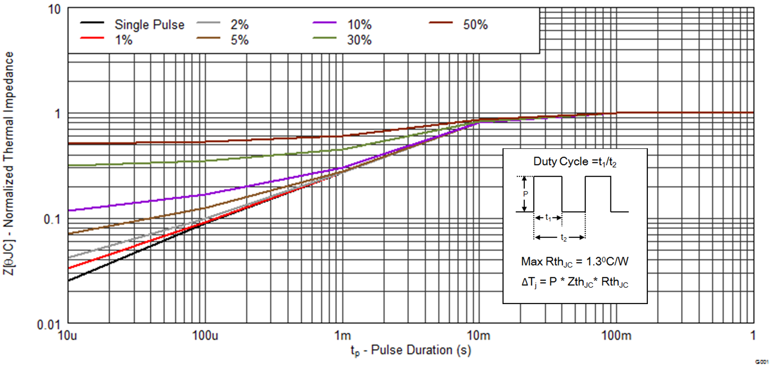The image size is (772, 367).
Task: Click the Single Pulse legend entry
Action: point(149,25)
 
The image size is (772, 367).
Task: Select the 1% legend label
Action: point(124,40)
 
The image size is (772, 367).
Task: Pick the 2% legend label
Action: point(239,25)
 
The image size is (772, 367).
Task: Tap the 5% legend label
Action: point(239,40)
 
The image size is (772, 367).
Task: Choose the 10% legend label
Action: point(359,25)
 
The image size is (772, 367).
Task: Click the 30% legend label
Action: point(359,40)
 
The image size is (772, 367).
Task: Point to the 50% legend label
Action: point(475,25)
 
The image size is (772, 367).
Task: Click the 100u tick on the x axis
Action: point(205,336)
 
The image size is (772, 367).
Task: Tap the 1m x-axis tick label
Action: point(342,336)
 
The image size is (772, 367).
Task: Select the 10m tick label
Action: point(478,336)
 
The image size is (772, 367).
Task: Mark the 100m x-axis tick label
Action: point(616,336)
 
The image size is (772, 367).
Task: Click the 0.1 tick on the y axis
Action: point(52,220)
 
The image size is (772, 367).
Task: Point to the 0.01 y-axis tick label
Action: point(48,325)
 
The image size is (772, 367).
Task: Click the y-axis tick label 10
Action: point(54,9)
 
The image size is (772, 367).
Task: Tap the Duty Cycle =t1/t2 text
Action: point(575,162)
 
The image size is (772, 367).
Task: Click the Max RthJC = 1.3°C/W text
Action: point(575,262)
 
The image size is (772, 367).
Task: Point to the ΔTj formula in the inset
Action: point(575,282)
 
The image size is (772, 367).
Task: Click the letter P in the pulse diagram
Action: point(526,194)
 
